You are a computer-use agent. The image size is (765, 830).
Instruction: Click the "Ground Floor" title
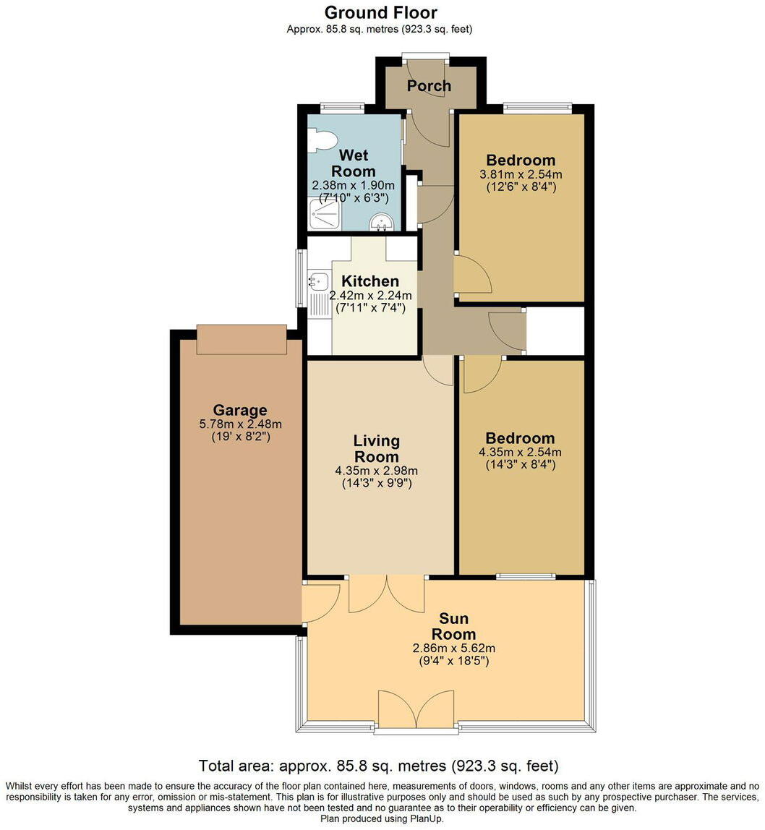(x=380, y=12)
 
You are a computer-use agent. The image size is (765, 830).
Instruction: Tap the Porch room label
(x=429, y=86)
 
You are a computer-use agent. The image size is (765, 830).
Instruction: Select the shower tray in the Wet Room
(x=324, y=214)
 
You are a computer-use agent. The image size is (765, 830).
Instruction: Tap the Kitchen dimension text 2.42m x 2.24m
(x=370, y=295)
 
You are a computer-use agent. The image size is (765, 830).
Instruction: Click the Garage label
(x=240, y=410)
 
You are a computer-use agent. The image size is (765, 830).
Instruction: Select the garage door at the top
(x=242, y=340)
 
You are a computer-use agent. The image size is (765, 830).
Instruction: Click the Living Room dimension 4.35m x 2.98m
(x=376, y=470)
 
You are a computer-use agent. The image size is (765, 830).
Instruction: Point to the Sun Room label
(x=454, y=626)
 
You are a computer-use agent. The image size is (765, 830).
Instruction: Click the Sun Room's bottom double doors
(x=416, y=710)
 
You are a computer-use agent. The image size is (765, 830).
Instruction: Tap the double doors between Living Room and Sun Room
(x=387, y=593)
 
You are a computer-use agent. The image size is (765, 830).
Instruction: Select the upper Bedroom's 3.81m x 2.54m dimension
(x=521, y=174)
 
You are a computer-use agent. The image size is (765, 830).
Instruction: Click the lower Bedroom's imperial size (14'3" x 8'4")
(x=521, y=465)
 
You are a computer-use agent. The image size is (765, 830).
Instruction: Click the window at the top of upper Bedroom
(x=539, y=108)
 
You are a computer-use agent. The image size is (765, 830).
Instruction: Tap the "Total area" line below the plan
(x=379, y=766)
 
